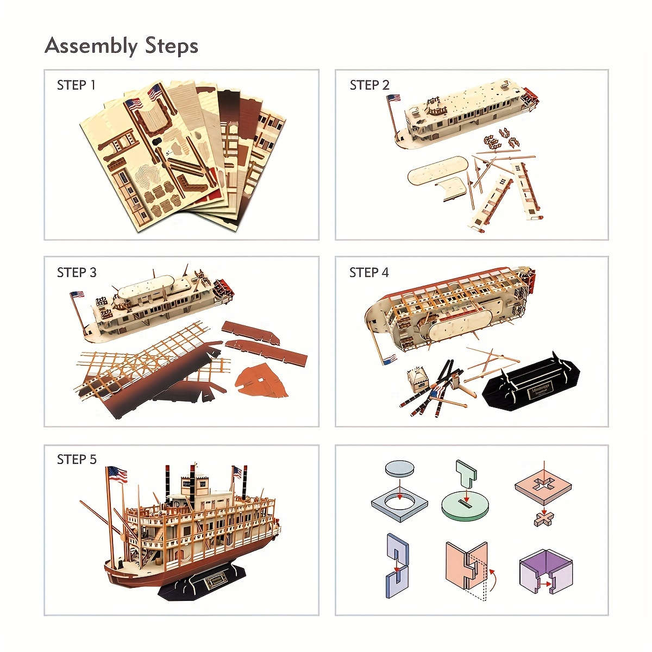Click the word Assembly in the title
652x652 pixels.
point(91,46)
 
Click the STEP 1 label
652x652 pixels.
point(76,85)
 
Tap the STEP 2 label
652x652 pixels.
point(369,85)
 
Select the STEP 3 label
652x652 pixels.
point(77,273)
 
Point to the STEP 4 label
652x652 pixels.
point(369,273)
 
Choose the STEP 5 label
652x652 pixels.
point(77,460)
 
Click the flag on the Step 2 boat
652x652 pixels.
point(393,98)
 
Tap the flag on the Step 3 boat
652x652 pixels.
point(77,294)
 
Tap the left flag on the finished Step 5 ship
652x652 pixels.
point(117,474)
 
